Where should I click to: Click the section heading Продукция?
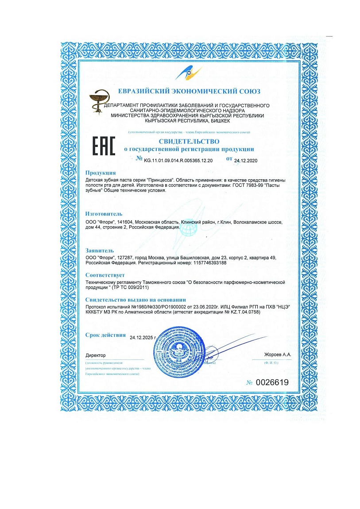(101, 173)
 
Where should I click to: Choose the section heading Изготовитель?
(104, 214)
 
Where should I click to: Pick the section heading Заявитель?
(100, 251)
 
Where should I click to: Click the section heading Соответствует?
(105, 275)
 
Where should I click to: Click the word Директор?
(96, 355)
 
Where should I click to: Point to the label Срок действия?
(105, 335)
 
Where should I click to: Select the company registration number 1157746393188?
(210, 262)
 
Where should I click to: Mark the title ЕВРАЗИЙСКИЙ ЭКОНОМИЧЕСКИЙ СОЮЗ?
(189, 92)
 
